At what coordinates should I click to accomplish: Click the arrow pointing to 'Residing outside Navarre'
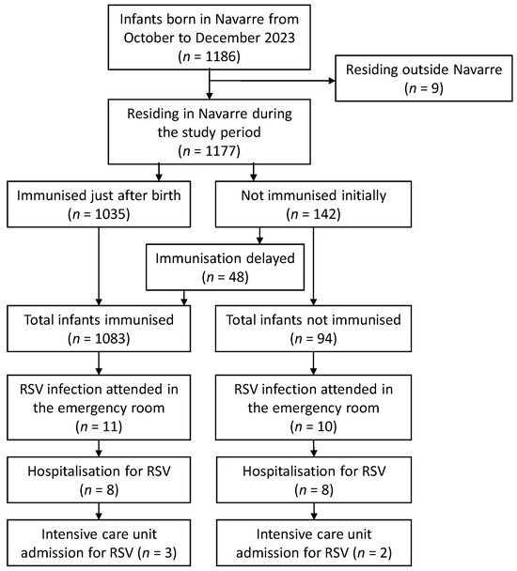point(282,82)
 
